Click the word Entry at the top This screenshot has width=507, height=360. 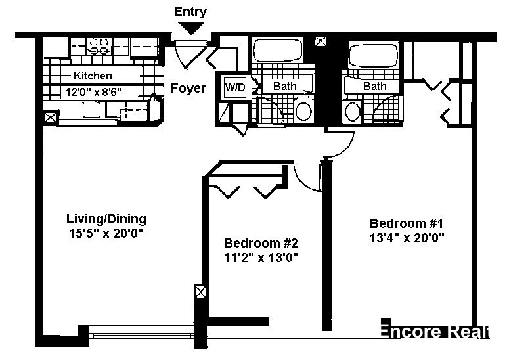point(190,11)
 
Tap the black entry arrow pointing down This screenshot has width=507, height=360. point(191,28)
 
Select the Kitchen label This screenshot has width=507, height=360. point(92,76)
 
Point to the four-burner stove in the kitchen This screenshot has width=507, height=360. point(99,45)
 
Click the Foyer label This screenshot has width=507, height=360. point(188,88)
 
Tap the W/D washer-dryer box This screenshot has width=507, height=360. point(234,87)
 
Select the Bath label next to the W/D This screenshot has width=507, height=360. point(284,86)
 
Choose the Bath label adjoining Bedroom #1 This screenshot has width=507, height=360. point(374,86)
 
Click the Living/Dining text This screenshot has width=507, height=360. point(106,219)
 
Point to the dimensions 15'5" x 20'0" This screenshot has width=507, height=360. point(106,233)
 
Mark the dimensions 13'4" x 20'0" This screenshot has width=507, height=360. point(407,237)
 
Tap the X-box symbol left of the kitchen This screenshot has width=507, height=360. point(51,118)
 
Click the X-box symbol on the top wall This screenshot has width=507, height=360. point(320,41)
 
